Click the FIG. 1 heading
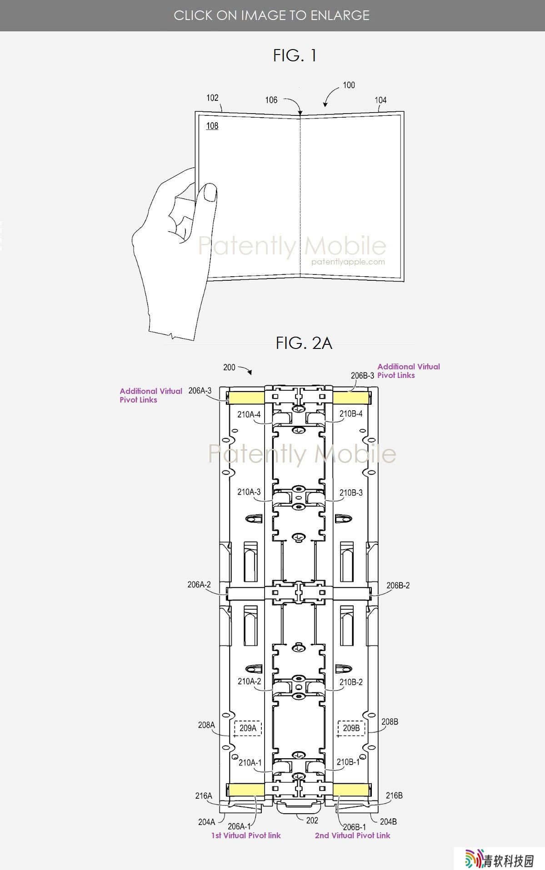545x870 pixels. [295, 55]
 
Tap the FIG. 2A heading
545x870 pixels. [304, 343]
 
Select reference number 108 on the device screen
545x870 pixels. [212, 126]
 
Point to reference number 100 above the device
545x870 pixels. [349, 85]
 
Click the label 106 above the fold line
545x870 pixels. [271, 100]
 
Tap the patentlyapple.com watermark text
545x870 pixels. [348, 262]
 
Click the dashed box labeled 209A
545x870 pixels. [248, 728]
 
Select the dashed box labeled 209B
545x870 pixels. [351, 728]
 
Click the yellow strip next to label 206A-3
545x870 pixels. [246, 398]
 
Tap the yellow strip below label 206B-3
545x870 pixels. [350, 398]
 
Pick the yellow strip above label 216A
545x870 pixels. [246, 790]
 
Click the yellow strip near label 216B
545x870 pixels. [350, 790]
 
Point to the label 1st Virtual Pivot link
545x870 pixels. [246, 835]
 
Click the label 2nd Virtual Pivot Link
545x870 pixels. [353, 835]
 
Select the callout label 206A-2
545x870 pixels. [199, 585]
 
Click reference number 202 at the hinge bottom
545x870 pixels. [312, 820]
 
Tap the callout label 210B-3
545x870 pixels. [351, 492]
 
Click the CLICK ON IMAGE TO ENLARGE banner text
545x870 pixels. [272, 15]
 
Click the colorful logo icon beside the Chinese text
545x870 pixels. [474, 859]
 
